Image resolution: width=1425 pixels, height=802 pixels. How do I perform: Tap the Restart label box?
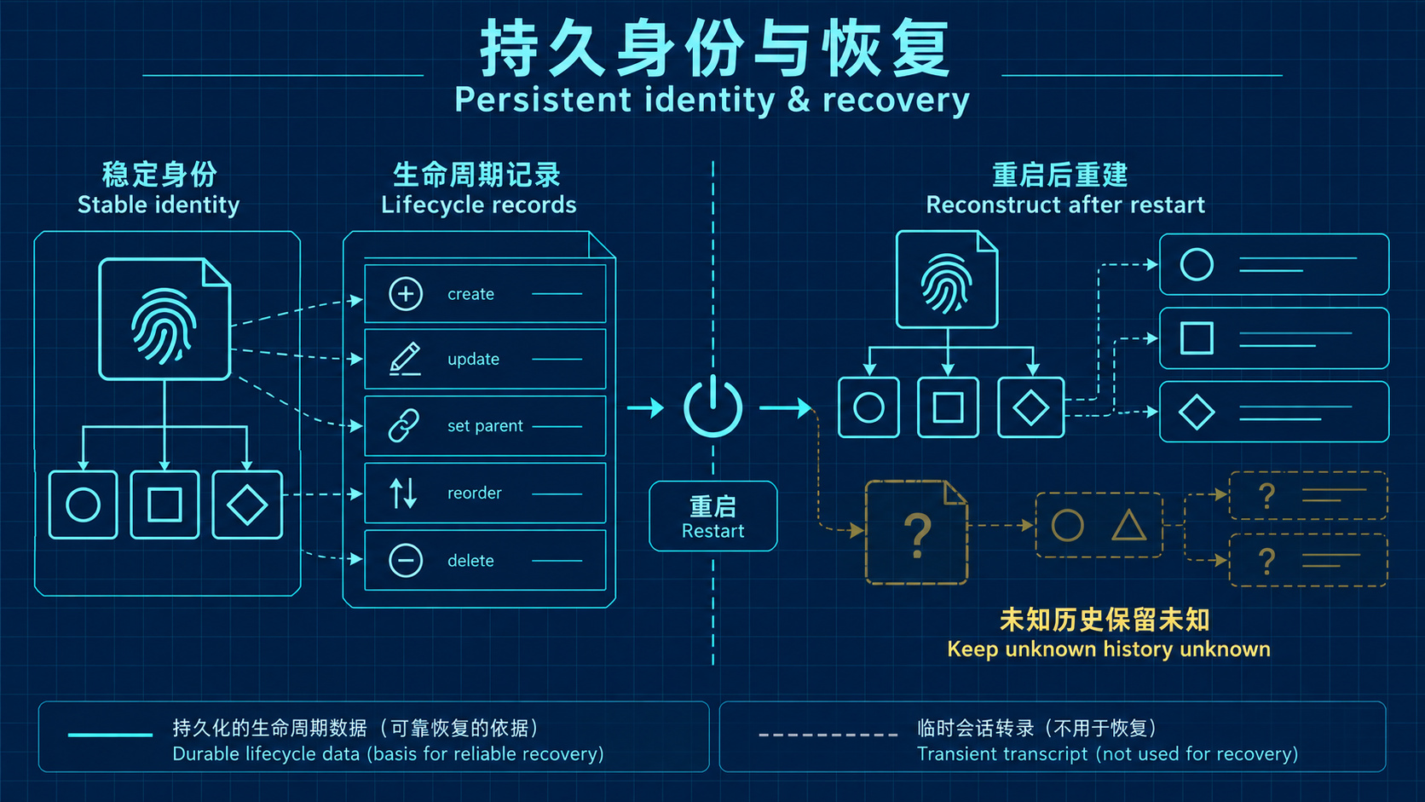[713, 516]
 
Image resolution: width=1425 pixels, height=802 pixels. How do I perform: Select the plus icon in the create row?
[405, 294]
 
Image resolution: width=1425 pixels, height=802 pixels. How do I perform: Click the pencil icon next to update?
[405, 359]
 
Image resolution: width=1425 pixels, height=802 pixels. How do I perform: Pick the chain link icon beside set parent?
[404, 425]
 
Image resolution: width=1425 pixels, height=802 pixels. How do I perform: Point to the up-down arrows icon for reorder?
[403, 493]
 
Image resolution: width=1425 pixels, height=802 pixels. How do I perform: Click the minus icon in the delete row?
[405, 560]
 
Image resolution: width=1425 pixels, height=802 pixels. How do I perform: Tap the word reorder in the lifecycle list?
[475, 493]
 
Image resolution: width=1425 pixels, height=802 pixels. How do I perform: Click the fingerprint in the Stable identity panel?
[164, 326]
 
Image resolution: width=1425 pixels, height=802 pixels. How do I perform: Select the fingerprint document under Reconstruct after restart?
[947, 280]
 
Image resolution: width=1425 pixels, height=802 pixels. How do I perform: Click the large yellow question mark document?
[917, 533]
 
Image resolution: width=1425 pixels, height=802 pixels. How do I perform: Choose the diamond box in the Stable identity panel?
[247, 505]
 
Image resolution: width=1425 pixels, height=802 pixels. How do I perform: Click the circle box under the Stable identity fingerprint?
[83, 505]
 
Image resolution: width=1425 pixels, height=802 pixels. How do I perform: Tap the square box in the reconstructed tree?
[948, 407]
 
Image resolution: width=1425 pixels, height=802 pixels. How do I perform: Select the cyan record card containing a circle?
[1274, 264]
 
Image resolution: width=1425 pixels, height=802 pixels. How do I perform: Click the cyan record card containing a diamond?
[1274, 412]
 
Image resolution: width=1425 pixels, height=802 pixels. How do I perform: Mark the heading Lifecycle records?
[478, 205]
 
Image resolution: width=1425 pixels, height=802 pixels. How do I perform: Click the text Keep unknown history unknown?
[1108, 649]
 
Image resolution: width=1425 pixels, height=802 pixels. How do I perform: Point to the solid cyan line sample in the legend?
[110, 735]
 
